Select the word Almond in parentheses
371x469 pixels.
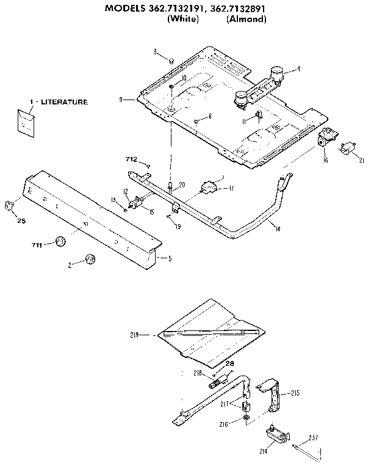point(247,20)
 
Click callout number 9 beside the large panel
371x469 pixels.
point(122,98)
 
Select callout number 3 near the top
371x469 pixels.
point(156,51)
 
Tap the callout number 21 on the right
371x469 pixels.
point(361,161)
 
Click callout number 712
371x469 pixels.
point(130,159)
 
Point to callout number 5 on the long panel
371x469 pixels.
point(169,258)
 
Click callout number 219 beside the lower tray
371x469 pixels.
point(135,334)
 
